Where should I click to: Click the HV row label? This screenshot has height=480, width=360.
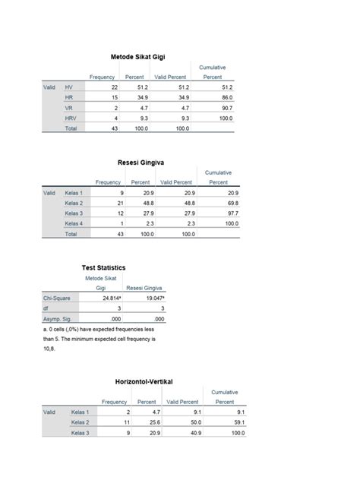click(69, 88)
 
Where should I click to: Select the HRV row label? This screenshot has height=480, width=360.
click(71, 118)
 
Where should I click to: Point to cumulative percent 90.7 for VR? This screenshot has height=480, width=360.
click(223, 109)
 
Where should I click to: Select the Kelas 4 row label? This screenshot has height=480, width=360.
click(74, 223)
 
